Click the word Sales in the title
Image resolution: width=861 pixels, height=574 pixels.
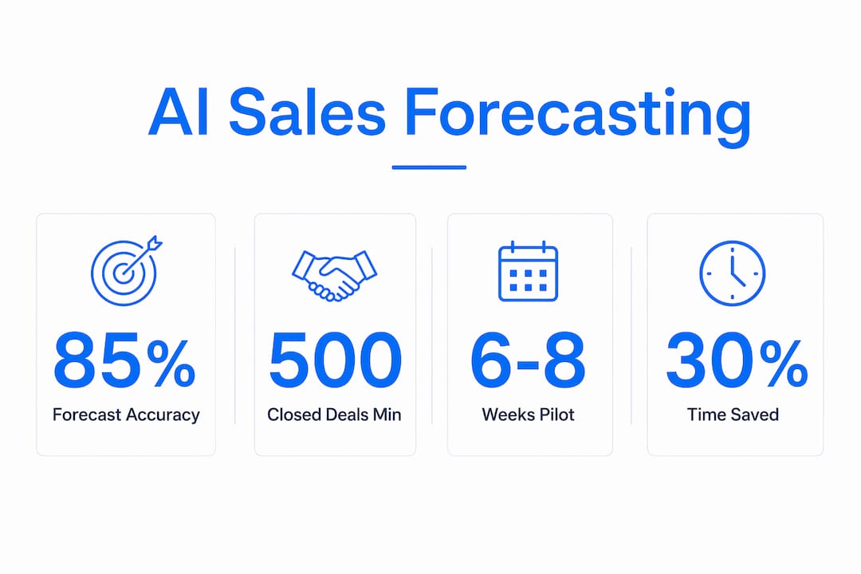[x=308, y=113]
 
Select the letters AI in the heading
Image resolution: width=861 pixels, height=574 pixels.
[x=179, y=113]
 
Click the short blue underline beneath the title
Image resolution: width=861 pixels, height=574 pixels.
[x=429, y=167]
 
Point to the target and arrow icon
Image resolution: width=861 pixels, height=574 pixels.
[x=126, y=270]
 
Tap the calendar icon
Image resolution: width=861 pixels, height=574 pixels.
[x=528, y=271]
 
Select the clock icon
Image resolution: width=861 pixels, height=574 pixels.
[x=733, y=273]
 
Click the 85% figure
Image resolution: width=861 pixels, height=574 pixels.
[x=124, y=360]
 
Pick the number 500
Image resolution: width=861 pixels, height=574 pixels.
[x=335, y=360]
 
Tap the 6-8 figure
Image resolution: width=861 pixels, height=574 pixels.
[x=528, y=360]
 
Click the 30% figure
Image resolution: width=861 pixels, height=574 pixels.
[x=737, y=360]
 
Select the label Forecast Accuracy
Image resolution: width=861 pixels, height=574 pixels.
[x=126, y=415]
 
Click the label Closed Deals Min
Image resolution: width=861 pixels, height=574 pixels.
[x=334, y=415]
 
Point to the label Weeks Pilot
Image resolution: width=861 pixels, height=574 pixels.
[x=529, y=415]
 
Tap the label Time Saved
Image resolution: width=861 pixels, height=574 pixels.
[x=733, y=415]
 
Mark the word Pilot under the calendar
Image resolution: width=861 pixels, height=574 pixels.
[x=553, y=415]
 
